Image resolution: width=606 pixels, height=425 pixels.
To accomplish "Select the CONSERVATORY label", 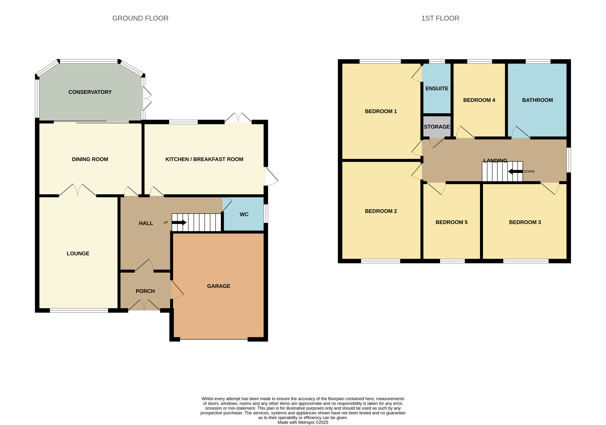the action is pyautogui.click(x=90, y=92).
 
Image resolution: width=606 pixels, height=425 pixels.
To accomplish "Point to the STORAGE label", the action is pyautogui.click(x=437, y=127).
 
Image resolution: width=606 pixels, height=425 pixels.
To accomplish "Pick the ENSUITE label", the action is pyautogui.click(x=437, y=89).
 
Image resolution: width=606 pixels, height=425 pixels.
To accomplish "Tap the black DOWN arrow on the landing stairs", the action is pyautogui.click(x=515, y=171).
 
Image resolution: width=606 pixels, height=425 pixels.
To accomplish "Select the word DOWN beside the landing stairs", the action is pyautogui.click(x=529, y=171).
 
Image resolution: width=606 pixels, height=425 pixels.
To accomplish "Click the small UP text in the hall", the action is pyautogui.click(x=166, y=222).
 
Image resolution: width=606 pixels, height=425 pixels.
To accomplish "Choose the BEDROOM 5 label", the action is pyautogui.click(x=451, y=222).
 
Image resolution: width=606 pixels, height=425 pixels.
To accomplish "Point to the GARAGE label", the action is pyautogui.click(x=219, y=286).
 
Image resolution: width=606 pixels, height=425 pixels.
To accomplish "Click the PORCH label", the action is pyautogui.click(x=145, y=291).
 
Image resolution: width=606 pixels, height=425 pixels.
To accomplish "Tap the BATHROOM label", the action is pyautogui.click(x=537, y=100).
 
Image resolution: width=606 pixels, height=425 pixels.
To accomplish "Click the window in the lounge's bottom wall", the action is pyautogui.click(x=79, y=310).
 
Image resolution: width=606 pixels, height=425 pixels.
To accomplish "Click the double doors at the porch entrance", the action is pyautogui.click(x=144, y=305).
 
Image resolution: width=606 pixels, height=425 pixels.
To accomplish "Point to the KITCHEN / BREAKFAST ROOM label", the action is pyautogui.click(x=204, y=159).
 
